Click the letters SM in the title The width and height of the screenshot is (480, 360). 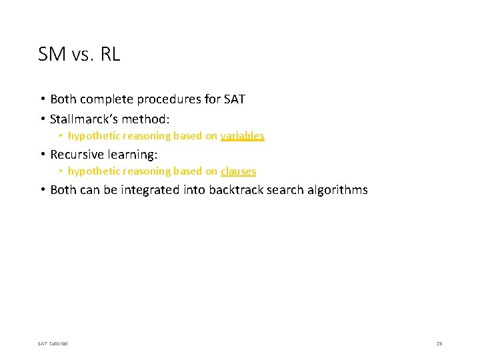click(x=51, y=55)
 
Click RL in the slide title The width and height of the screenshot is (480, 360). click(x=110, y=55)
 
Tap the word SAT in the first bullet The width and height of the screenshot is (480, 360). click(x=234, y=99)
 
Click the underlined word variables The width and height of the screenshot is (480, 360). click(x=242, y=136)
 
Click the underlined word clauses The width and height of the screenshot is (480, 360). click(x=238, y=171)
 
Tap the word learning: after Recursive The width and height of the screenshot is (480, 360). click(x=133, y=155)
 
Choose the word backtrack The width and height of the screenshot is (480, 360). click(x=238, y=190)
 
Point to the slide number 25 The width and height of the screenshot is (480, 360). click(x=439, y=343)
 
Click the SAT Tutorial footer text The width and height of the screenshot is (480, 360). click(x=53, y=343)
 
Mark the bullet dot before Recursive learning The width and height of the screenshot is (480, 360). click(x=42, y=155)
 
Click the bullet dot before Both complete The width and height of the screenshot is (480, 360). click(x=42, y=99)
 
